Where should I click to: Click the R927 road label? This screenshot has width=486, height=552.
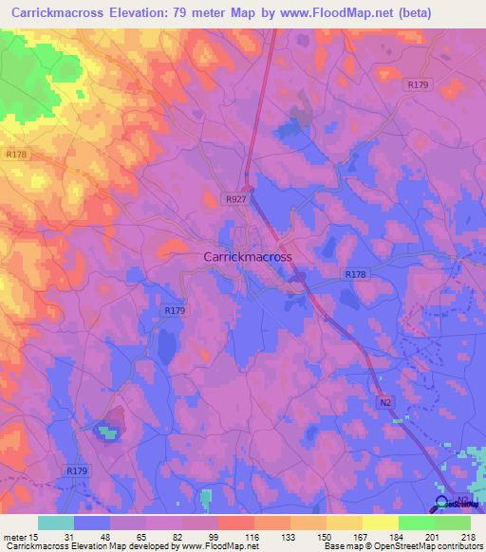236,199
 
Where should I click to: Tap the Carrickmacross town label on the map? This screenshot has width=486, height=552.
249,256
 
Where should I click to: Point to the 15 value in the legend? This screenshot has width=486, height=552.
34,538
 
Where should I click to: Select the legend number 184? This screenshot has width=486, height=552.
398,538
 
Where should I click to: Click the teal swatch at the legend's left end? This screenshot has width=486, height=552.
56,524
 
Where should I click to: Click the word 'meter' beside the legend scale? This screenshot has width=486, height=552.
14,538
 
